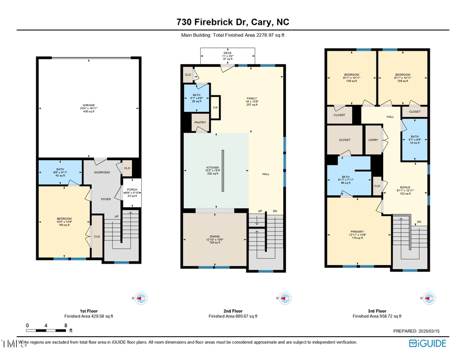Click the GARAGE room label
[x=88, y=105]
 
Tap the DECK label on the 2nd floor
[x=227, y=53]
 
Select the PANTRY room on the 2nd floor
[x=199, y=123]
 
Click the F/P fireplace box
[x=215, y=107]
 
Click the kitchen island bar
[x=223, y=171]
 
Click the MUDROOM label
[x=101, y=172]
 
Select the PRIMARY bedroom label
[x=357, y=232]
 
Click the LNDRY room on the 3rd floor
[x=373, y=140]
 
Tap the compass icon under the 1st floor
[x=141, y=298]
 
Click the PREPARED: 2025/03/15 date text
[x=419, y=330]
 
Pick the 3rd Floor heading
[x=377, y=311]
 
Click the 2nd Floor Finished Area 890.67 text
[x=233, y=316]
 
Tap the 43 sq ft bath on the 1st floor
[x=60, y=172]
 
